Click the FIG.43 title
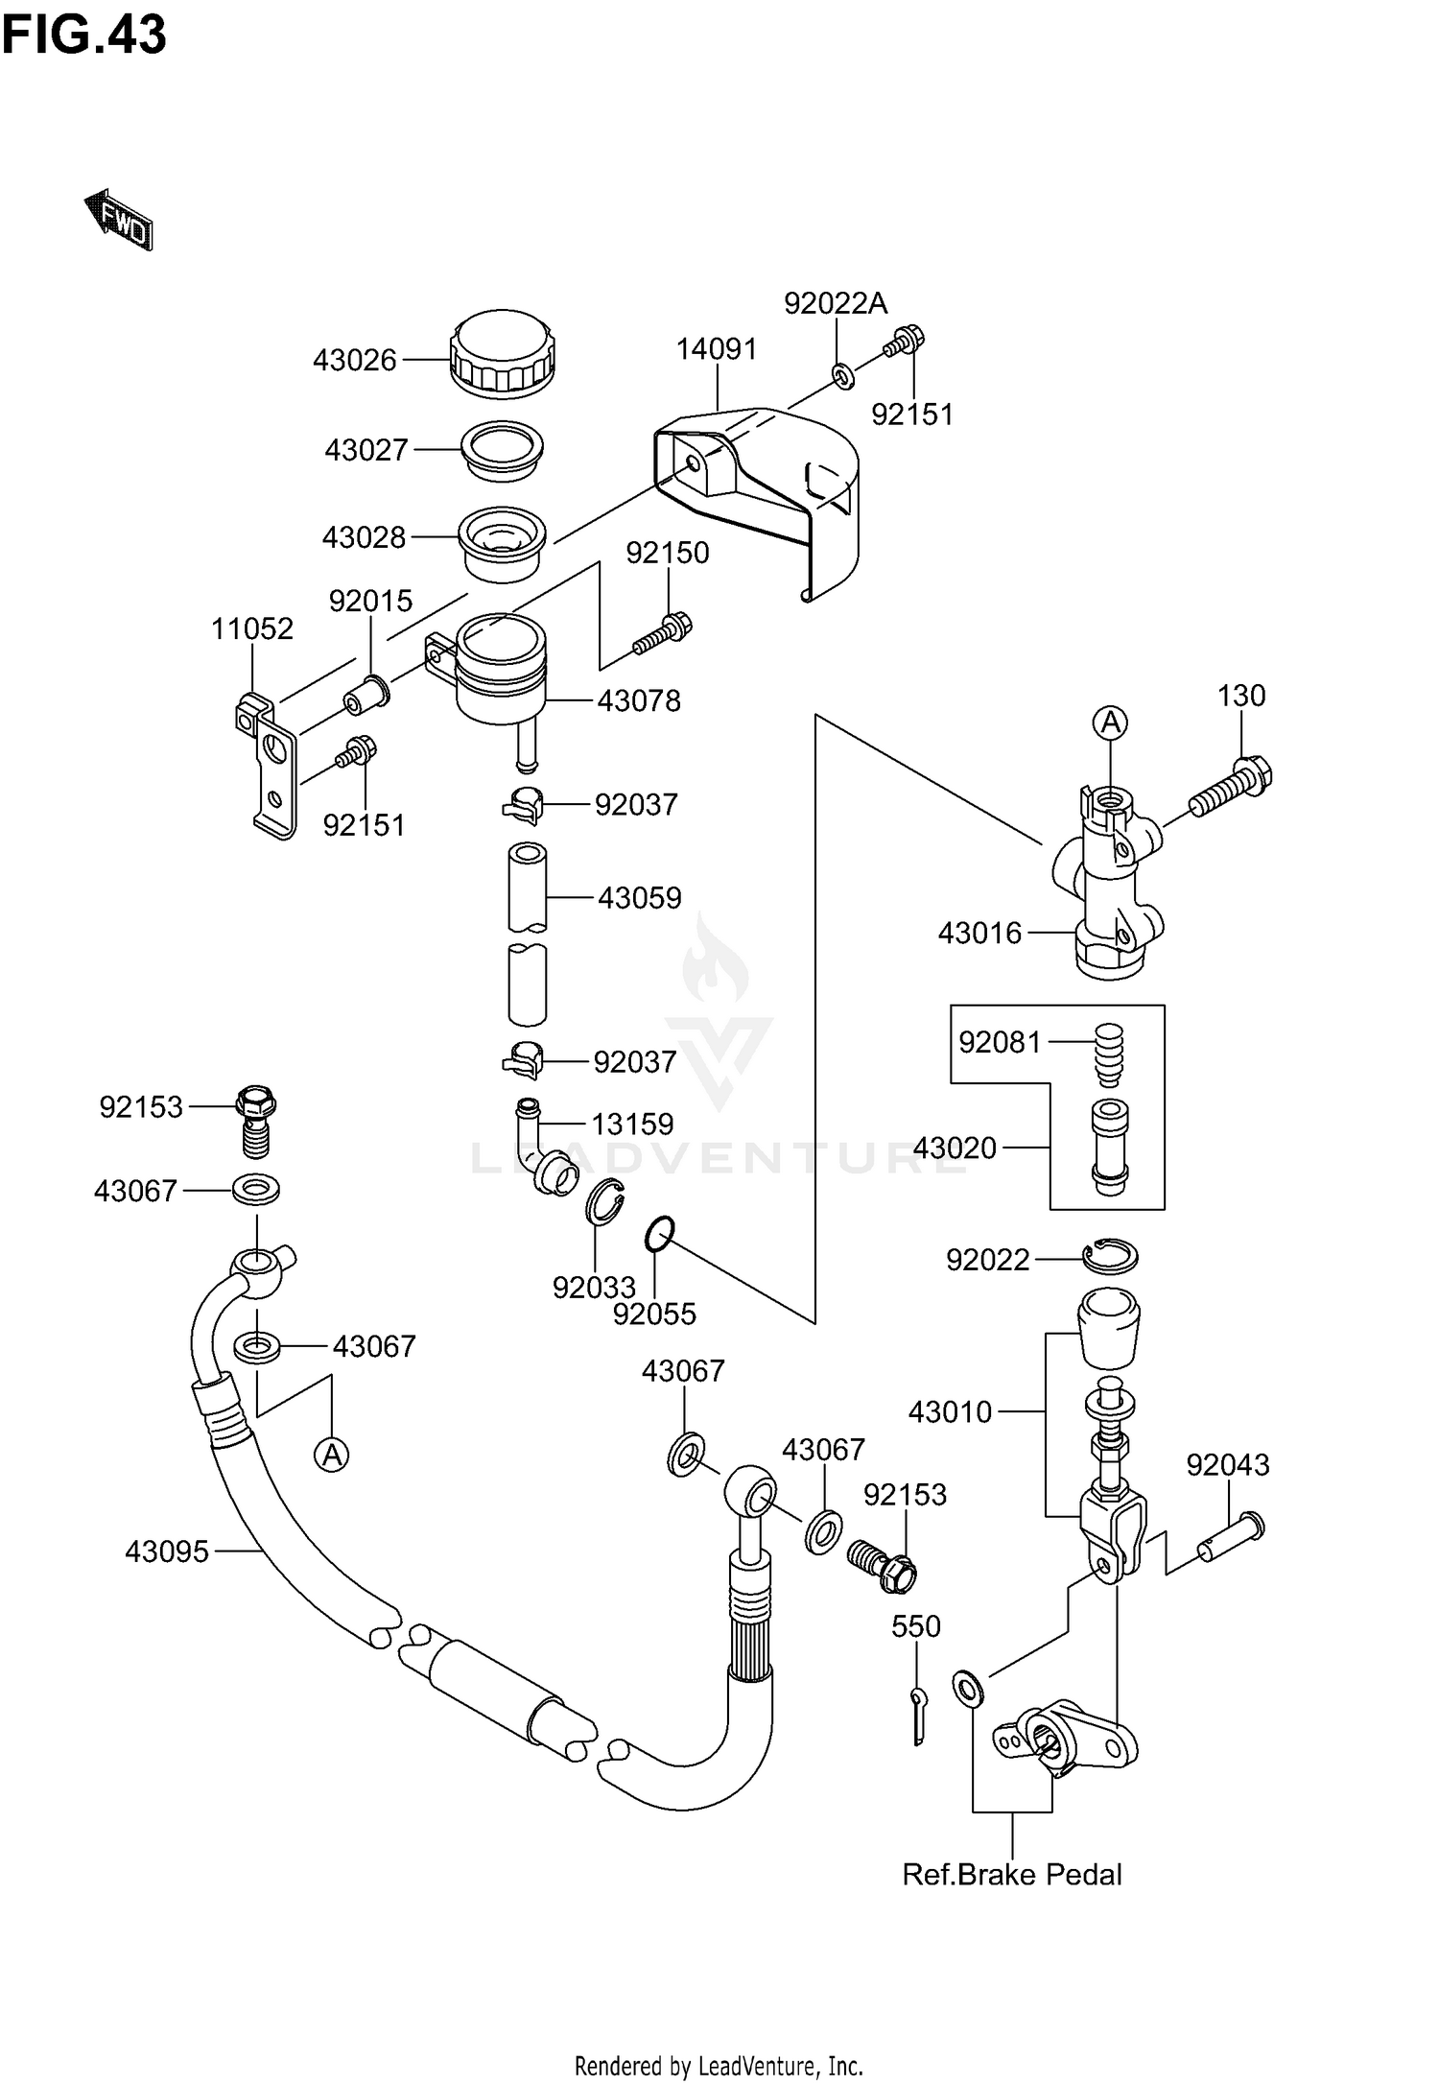point(83,36)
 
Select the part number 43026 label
point(354,361)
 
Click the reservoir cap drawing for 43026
point(502,352)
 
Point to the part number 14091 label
point(717,349)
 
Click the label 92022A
point(835,303)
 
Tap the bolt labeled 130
point(1232,786)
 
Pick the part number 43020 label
point(955,1148)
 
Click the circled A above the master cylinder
point(1110,722)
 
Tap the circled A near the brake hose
point(331,1456)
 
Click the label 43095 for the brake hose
point(166,1551)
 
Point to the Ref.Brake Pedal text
point(1011,1874)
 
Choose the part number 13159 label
point(631,1124)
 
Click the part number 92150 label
point(668,553)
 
